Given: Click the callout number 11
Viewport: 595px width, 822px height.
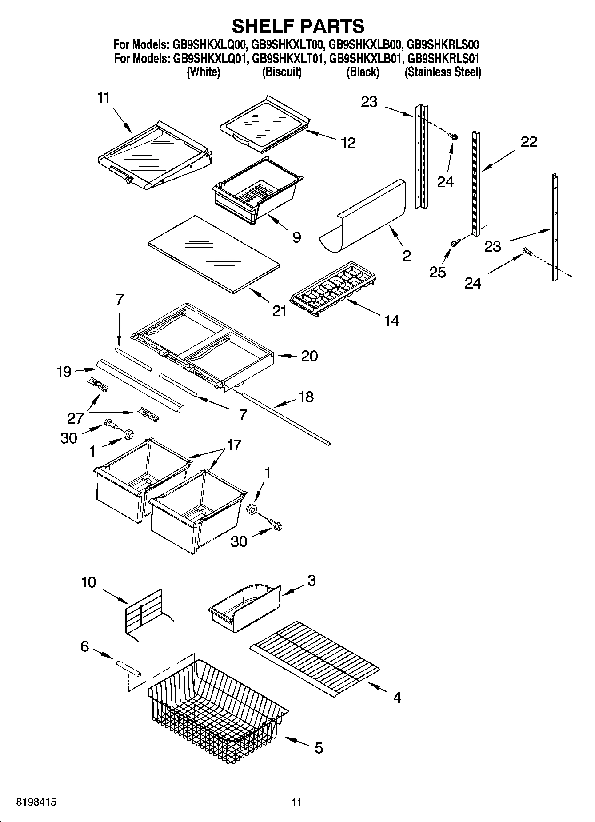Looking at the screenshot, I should [x=103, y=98].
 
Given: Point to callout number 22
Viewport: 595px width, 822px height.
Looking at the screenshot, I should [x=528, y=142].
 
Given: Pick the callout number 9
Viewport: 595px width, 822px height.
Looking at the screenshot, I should [x=296, y=237].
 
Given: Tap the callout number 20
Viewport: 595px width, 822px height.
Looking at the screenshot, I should [x=309, y=356].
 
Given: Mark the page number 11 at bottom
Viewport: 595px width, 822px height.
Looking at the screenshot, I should [x=296, y=802].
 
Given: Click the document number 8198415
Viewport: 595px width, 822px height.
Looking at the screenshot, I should [x=36, y=802].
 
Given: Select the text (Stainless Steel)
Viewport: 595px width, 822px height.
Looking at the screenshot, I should [x=443, y=72].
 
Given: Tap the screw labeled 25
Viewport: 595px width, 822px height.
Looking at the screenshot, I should [x=455, y=243].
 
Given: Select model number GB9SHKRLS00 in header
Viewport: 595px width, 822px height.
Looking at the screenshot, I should [x=443, y=44].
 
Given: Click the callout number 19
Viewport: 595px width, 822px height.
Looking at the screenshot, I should [x=64, y=371].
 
